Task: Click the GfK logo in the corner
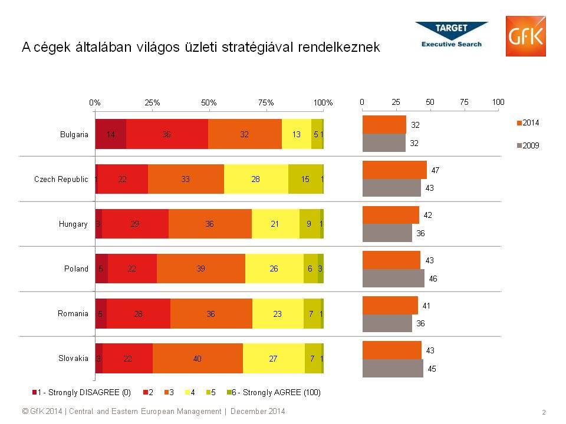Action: click(525, 37)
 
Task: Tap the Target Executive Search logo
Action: click(452, 35)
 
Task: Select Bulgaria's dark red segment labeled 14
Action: click(110, 134)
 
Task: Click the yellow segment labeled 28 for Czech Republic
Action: click(256, 179)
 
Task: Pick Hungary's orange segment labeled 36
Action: click(210, 224)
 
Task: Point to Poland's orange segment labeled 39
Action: click(201, 269)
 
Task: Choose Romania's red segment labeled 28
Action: click(139, 314)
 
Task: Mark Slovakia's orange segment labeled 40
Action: click(198, 359)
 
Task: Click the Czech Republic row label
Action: click(61, 179)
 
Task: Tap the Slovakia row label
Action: click(73, 359)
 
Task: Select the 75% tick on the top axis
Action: click(266, 102)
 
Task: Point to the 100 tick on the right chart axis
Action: click(498, 102)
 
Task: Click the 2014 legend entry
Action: click(528, 123)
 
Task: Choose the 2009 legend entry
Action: click(528, 145)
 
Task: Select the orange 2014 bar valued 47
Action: click(394, 170)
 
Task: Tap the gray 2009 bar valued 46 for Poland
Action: click(393, 278)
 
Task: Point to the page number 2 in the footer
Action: click(543, 412)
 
